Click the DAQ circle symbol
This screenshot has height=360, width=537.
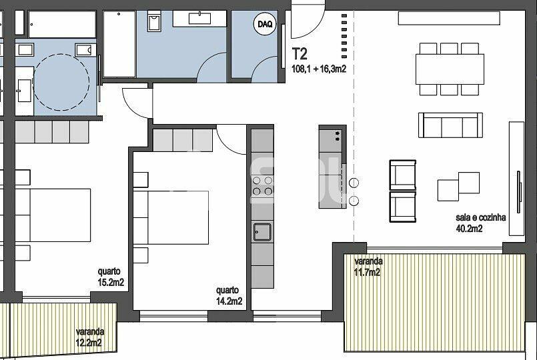tap(265, 24)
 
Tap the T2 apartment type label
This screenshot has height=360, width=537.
tap(300, 54)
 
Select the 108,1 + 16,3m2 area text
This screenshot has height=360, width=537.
tap(318, 69)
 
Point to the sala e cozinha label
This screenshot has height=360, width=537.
tap(480, 217)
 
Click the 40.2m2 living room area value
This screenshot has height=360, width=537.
tap(469, 228)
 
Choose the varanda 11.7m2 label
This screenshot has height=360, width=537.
tap(368, 267)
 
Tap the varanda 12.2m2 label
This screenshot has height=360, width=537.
tap(90, 337)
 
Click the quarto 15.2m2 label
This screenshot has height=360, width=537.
tap(111, 277)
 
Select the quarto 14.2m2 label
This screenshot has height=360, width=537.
tap(229, 295)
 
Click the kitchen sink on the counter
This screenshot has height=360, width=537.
tap(262, 232)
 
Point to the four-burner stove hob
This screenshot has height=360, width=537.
tap(262, 186)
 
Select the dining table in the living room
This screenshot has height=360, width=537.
tap(450, 69)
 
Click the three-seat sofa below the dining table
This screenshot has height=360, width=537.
tap(450, 125)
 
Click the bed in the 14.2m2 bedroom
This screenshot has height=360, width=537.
tap(171, 217)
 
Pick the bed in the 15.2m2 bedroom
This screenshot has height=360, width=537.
tap(53, 215)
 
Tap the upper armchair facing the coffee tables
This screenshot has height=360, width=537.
tap(403, 175)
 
